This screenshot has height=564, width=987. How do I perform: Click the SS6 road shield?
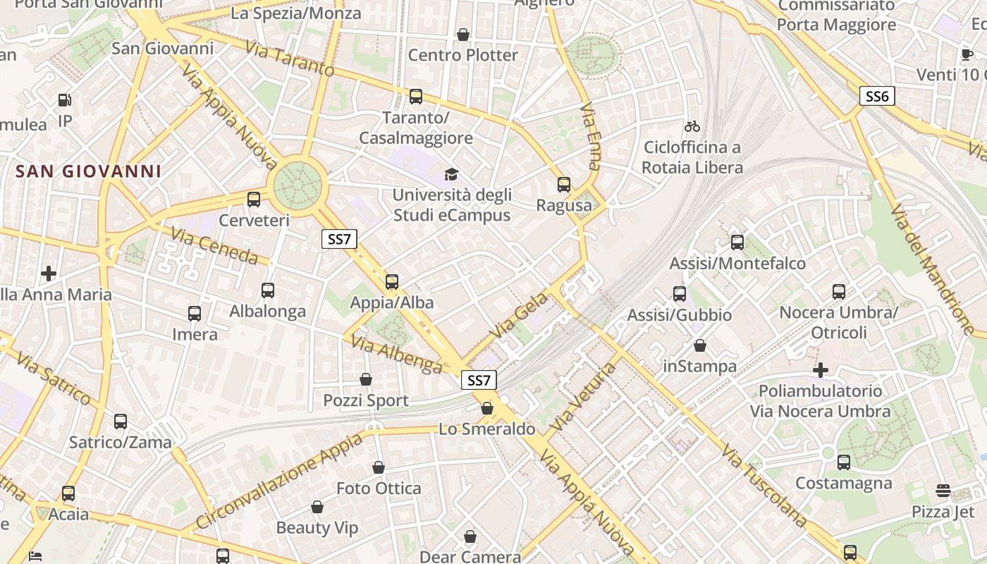(877, 96)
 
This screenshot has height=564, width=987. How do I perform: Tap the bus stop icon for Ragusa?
(564, 185)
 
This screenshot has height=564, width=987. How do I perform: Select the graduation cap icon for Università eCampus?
(450, 174)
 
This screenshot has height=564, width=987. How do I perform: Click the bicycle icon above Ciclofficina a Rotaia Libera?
(692, 126)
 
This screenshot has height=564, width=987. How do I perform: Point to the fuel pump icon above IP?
(65, 100)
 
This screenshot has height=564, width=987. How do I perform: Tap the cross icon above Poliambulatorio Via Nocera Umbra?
(821, 369)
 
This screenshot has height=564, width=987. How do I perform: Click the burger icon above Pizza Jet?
(943, 491)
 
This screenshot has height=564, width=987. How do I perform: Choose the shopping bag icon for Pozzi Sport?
(366, 379)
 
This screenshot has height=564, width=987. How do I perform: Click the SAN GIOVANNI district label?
(89, 171)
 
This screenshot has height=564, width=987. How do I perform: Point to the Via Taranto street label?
(290, 59)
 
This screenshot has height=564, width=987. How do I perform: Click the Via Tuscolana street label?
(764, 486)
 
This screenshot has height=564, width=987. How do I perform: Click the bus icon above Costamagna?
(844, 462)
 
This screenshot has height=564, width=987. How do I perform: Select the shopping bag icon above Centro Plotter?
(463, 34)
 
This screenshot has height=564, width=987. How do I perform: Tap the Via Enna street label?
(591, 137)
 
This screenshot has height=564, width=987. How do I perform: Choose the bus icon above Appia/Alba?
(392, 282)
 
